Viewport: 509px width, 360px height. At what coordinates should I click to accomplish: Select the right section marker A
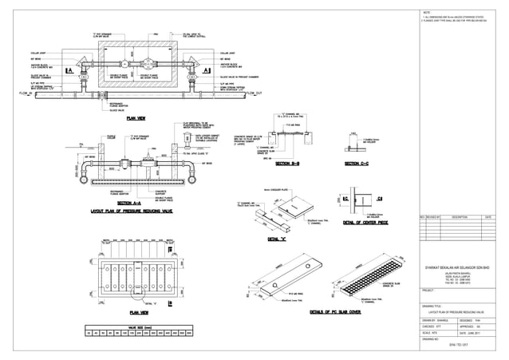207,71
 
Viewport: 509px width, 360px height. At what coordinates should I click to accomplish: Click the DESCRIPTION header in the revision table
459,216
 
